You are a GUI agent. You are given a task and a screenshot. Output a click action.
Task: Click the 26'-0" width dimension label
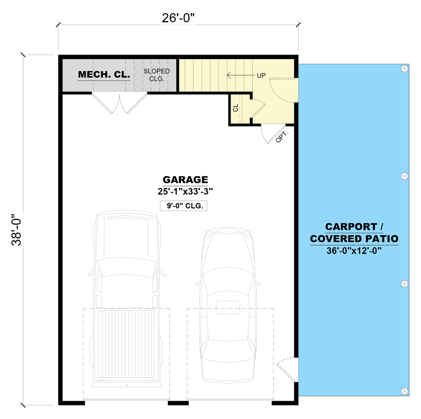click(178, 18)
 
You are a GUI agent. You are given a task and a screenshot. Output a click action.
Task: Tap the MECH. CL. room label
click(104, 75)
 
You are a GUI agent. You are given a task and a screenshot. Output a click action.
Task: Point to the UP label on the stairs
click(262, 75)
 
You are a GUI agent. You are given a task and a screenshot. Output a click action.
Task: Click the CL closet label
click(235, 108)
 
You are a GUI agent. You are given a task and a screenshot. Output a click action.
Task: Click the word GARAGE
click(185, 179)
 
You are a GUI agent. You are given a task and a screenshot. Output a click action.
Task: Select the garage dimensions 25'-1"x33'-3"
click(185, 191)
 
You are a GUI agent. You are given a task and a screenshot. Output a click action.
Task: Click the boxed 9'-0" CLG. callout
click(184, 206)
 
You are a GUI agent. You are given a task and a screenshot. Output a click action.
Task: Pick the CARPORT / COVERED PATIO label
click(354, 233)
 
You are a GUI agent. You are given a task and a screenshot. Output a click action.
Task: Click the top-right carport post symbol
click(404, 69)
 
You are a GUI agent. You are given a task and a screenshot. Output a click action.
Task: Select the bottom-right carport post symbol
click(404, 391)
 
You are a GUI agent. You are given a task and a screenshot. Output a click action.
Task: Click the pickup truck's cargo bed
click(126, 346)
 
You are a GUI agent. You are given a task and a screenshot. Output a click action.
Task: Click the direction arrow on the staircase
click(239, 75)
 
